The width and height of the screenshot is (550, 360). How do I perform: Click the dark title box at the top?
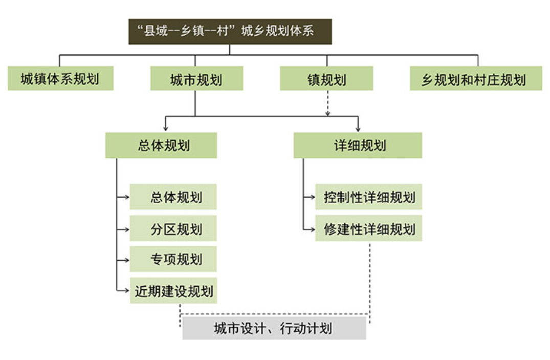(x=230, y=32)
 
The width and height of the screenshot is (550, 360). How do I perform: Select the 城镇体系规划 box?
(x=60, y=79)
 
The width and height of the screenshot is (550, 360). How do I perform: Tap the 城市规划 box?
(x=196, y=79)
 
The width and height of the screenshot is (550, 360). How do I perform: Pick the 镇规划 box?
(x=326, y=79)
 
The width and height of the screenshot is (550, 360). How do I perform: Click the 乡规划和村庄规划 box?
(x=475, y=79)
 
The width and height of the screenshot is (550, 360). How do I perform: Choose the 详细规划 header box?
(x=358, y=145)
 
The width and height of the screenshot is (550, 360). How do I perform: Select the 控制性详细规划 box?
(x=368, y=197)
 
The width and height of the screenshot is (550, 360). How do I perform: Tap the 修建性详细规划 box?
(x=368, y=228)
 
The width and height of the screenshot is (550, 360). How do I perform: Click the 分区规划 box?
(x=173, y=228)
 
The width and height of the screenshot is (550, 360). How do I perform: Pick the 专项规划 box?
(x=173, y=259)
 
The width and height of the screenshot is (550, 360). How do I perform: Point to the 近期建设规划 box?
(x=173, y=291)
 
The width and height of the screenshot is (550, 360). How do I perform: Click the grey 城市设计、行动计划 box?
(x=274, y=328)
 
